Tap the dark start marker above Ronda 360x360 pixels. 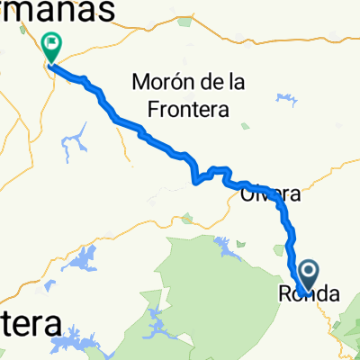307,273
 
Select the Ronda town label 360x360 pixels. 309,293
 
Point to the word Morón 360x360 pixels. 163,83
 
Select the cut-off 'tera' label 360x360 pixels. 31,323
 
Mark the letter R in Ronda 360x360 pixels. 285,293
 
